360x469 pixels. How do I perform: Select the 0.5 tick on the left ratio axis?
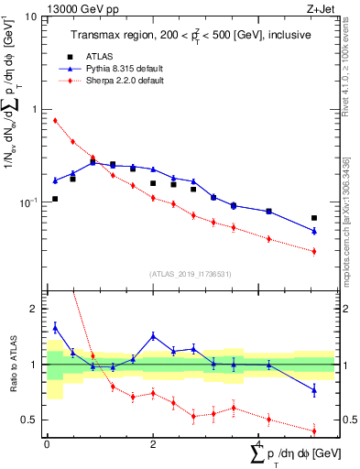pyautogui.click(x=32, y=420)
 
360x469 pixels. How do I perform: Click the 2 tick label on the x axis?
pyautogui.click(x=153, y=444)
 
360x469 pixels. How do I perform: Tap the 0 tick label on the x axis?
pyautogui.click(x=47, y=444)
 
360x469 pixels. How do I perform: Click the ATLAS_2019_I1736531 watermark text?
pyautogui.click(x=191, y=274)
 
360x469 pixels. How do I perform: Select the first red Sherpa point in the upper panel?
pyautogui.click(x=55, y=120)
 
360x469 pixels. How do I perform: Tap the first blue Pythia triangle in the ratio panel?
pyautogui.click(x=55, y=327)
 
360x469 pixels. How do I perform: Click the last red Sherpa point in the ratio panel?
pyautogui.click(x=314, y=431)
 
